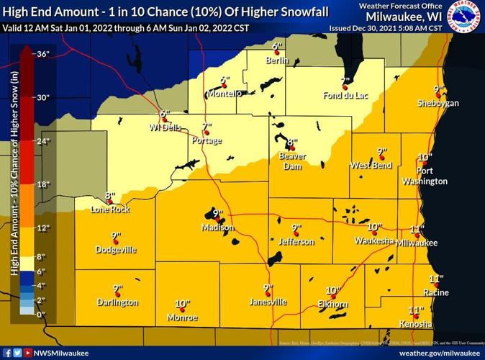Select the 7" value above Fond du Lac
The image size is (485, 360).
click(x=345, y=81)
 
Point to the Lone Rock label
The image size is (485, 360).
click(x=110, y=210)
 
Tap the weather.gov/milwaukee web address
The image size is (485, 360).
click(x=437, y=353)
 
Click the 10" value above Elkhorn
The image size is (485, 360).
click(x=332, y=291)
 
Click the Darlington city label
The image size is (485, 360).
click(x=117, y=302)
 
